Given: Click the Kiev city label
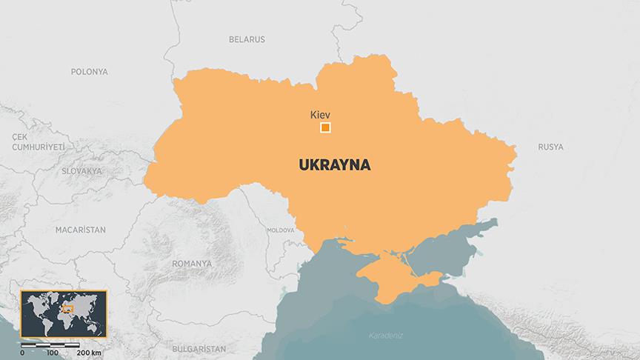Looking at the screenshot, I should (319, 115).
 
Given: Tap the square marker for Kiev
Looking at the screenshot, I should (325, 128).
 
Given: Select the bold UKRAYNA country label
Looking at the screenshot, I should (335, 164).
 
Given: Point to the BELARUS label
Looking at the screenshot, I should (247, 39).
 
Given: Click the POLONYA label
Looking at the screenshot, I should (90, 72).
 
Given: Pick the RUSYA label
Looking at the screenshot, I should (550, 147).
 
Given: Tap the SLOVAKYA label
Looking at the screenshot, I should (81, 171).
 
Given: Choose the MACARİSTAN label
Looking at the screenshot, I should (80, 230).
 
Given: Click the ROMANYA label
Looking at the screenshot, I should (191, 263).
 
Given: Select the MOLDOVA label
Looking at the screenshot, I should (280, 230).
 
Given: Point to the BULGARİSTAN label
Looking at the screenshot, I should (198, 347).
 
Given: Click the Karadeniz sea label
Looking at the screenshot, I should (385, 336).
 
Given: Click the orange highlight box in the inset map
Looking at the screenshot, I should (67, 307).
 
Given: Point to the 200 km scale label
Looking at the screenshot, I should (89, 352).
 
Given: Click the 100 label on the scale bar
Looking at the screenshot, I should (52, 352).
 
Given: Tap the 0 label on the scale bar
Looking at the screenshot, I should (22, 352).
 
